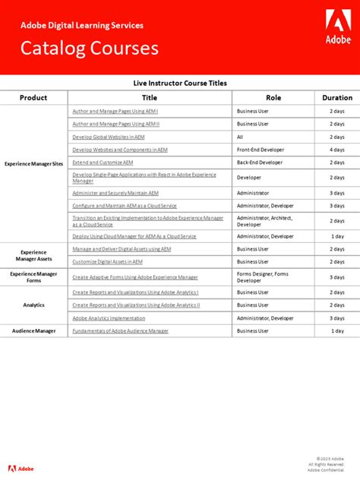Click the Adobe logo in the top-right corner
[338, 27]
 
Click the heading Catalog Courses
[90, 49]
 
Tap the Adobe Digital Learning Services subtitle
[81, 25]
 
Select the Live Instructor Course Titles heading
[180, 83]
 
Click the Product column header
[33, 97]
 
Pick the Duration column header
[337, 97]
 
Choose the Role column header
[273, 97]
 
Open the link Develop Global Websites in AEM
[108, 137]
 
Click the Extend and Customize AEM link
[103, 163]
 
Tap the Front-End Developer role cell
[261, 150]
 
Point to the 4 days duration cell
[337, 150]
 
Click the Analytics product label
[33, 305]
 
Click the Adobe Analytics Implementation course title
[109, 318]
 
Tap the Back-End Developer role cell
[260, 163]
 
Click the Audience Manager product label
[33, 331]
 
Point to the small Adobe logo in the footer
[21, 468]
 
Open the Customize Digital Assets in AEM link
[107, 261]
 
